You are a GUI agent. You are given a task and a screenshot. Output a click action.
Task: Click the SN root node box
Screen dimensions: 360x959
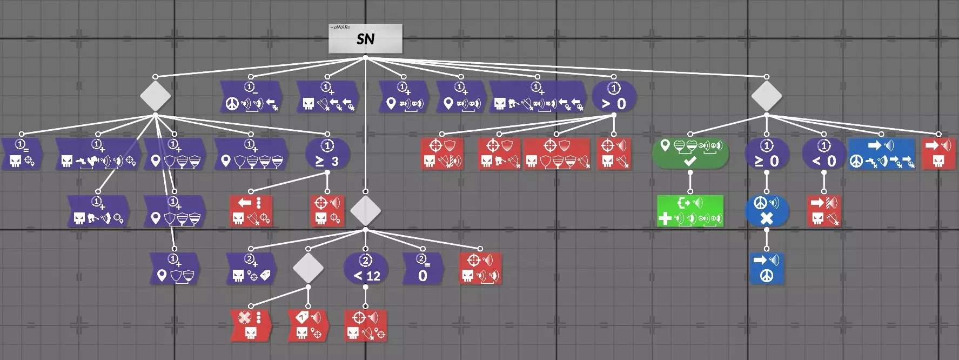[x=365, y=39]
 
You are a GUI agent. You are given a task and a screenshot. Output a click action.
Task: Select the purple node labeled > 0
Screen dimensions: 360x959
[x=614, y=96]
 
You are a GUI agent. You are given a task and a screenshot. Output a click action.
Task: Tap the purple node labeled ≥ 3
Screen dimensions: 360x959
[x=327, y=154]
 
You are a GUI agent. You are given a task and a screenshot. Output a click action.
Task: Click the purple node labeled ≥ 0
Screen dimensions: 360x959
[x=767, y=154]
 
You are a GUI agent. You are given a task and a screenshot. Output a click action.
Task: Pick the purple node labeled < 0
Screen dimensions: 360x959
[x=824, y=154]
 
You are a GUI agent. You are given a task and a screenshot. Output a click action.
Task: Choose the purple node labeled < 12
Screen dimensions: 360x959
[x=366, y=268]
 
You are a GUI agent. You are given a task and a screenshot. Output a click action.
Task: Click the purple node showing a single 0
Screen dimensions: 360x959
[x=423, y=268]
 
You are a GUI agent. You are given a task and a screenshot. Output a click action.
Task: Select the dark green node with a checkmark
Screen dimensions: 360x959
[x=690, y=154]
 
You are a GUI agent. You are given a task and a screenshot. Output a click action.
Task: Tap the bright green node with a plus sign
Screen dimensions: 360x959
[x=690, y=211]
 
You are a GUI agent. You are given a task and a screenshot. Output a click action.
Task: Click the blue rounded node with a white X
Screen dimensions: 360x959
[x=767, y=211]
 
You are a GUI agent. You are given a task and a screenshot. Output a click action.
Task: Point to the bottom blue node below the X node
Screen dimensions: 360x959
[x=767, y=268]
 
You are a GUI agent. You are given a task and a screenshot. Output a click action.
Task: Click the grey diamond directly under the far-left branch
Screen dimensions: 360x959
[x=155, y=96]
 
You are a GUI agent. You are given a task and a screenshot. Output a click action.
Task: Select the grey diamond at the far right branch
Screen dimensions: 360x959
[x=767, y=96]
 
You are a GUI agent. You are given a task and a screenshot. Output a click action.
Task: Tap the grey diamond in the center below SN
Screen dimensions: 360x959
[x=366, y=211]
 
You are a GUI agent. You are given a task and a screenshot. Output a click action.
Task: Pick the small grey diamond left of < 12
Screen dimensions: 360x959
[x=308, y=268]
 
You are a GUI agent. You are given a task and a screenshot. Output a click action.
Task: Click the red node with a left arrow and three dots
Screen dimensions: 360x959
[x=251, y=211]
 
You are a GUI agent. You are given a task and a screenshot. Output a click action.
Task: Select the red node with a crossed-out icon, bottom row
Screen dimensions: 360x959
[x=250, y=325]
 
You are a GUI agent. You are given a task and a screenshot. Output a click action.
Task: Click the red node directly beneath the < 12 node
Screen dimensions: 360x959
[x=366, y=325]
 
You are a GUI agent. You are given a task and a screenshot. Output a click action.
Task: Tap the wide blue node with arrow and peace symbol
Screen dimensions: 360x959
[x=881, y=154]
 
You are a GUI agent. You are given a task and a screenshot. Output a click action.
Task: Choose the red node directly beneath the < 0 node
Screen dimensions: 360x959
[x=824, y=211]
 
